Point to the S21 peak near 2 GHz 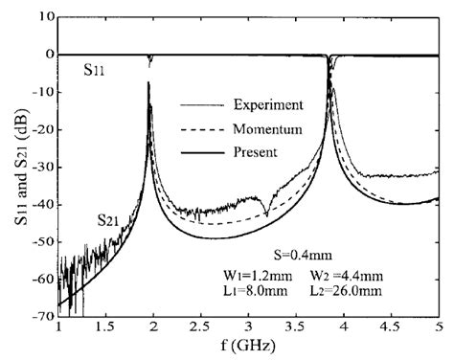click(x=148, y=85)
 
